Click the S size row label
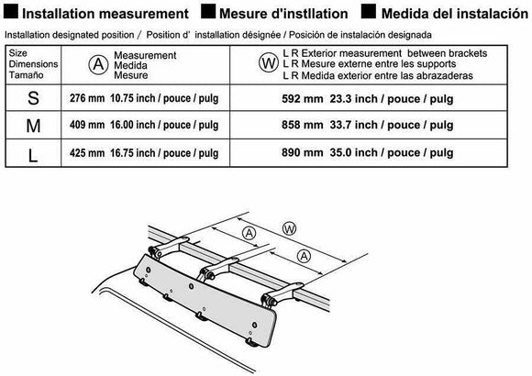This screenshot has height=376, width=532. click(x=33, y=98)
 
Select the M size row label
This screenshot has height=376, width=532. click(x=33, y=126)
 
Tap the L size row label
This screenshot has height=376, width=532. click(x=33, y=156)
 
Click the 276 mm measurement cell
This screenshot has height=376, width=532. click(x=144, y=98)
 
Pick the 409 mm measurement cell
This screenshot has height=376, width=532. click(x=144, y=125)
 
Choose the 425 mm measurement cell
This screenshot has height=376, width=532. click(x=144, y=153)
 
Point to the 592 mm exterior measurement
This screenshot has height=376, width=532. click(x=368, y=99)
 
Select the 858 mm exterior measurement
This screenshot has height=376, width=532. click(x=368, y=125)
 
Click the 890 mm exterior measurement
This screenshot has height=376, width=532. click(x=368, y=153)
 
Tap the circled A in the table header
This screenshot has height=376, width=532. click(x=98, y=64)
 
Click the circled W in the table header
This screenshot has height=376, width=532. click(x=269, y=62)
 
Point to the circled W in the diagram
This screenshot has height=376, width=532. click(x=290, y=228)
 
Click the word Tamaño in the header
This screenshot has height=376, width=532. click(x=26, y=75)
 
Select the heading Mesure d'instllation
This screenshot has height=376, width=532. click(x=283, y=14)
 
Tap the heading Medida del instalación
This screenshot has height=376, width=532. click(x=455, y=14)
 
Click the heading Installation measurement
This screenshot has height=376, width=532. click(x=105, y=14)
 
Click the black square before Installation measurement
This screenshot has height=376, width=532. click(x=11, y=12)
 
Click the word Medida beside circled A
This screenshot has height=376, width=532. click(x=130, y=65)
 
